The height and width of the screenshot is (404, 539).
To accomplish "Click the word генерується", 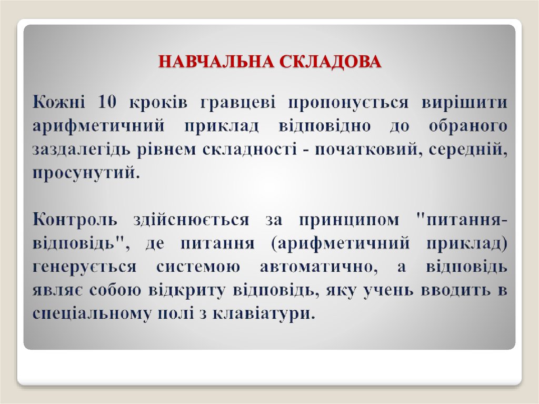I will (84, 267).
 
